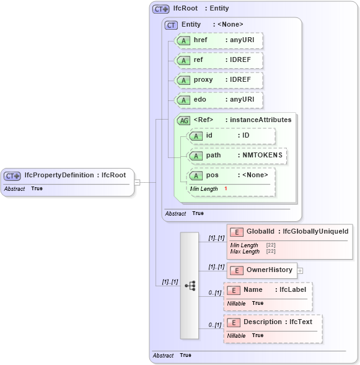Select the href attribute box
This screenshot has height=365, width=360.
[219, 40]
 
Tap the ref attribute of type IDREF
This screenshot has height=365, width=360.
[219, 60]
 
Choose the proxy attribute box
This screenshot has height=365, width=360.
[219, 80]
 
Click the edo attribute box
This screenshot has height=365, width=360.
[219, 100]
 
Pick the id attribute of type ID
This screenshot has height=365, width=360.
[231, 136]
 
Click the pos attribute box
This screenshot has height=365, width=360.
[231, 175]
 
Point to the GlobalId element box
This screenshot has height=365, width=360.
[289, 232]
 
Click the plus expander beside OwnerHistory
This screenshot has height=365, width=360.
[300, 271]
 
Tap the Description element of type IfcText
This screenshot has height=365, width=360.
[273, 322]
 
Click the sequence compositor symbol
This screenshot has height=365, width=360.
[190, 286]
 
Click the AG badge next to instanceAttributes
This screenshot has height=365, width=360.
[184, 120]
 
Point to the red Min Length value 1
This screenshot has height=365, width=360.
[226, 188]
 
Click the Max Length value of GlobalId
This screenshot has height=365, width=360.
[271, 252]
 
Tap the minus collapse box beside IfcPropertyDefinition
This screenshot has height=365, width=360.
[138, 182]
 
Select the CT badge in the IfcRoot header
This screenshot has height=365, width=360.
[161, 9]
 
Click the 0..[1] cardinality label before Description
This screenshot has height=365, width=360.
[214, 325]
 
